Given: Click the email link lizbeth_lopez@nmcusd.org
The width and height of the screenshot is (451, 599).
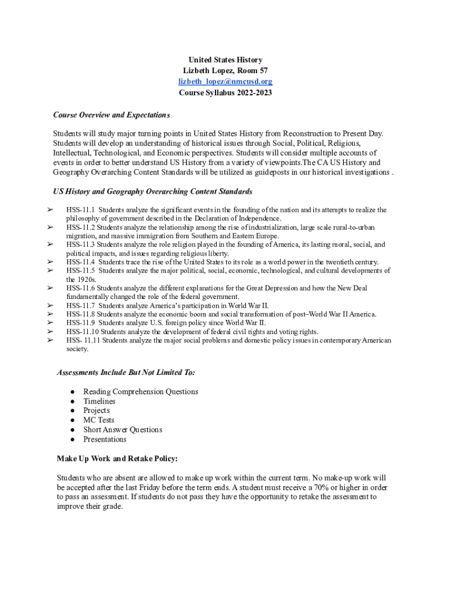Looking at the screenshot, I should pos(225,81).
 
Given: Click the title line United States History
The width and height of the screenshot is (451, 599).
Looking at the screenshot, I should pos(225,60).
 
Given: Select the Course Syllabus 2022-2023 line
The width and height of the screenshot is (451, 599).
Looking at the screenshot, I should pos(225,92).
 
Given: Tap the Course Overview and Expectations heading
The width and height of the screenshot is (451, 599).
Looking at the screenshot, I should pos(111,115).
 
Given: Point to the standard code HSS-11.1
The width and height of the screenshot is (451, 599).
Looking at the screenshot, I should pos(80,209).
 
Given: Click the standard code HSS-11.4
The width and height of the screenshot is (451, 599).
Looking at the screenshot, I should pos(80,261).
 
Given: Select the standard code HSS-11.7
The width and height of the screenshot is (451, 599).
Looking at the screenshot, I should pos(80,305).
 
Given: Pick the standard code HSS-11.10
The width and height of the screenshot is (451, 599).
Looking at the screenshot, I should pos(82,331).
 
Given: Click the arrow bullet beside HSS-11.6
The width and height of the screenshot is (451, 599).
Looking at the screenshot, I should pos(50,288).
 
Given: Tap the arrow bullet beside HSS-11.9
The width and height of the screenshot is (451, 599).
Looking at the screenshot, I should pos(50,322).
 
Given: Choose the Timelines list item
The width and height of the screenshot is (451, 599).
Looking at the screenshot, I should pos(99,401).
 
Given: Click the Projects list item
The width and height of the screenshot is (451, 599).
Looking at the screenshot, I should pos(97,411).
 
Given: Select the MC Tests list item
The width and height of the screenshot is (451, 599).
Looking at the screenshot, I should pos(98,420).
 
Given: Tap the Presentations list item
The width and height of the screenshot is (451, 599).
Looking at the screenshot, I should pos(104,439).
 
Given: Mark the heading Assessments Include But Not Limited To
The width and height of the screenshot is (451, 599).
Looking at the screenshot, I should pos(126,372).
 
